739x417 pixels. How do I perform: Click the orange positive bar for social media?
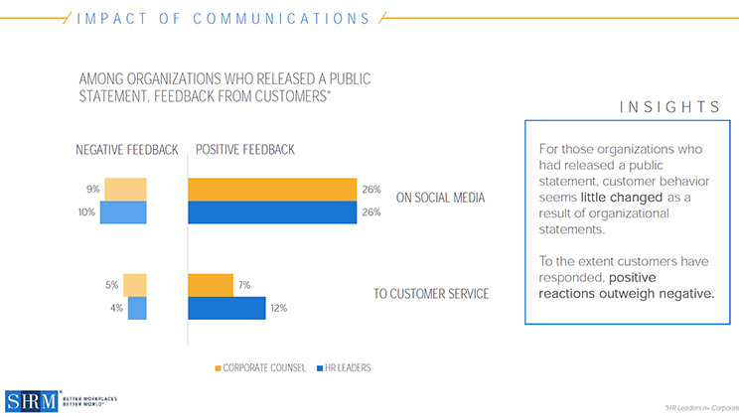pos(272,189)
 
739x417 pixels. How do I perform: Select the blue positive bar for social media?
pos(272,212)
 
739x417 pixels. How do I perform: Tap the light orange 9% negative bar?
pos(126,189)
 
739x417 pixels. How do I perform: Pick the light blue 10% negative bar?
pos(123,212)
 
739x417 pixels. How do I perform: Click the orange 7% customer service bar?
pos(211,285)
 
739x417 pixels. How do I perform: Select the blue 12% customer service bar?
pos(226,309)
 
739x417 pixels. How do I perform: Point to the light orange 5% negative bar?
pos(135,285)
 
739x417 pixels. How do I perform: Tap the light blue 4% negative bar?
pos(137,309)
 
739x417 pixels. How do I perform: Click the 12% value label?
pos(278,309)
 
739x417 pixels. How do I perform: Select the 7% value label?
pos(243,285)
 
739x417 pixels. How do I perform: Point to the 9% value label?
pos(92,189)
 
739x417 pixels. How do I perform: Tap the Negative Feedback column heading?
pos(127,150)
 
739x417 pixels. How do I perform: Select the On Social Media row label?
pos(440,198)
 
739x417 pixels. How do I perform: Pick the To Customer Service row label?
pos(432,294)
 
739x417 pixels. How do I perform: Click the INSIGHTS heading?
pos(668,106)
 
